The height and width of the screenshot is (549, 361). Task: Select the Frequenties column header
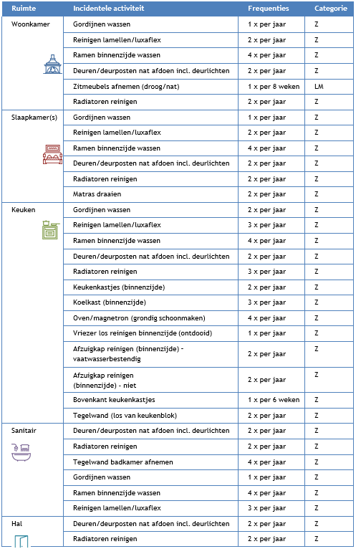pos(269,9)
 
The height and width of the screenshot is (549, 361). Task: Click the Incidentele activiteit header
pos(107,9)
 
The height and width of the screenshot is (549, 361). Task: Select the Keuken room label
pos(24,210)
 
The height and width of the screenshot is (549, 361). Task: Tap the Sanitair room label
pos(25,431)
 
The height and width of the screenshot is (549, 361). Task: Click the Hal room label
pos(18,524)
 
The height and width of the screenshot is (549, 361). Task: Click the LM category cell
pos(319,86)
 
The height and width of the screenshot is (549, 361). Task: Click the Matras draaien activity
pos(97,194)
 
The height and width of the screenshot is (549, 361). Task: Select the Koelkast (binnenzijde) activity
pos(109,302)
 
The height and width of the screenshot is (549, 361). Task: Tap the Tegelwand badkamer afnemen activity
pos(122,462)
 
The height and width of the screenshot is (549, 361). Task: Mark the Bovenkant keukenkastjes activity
pos(115,399)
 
